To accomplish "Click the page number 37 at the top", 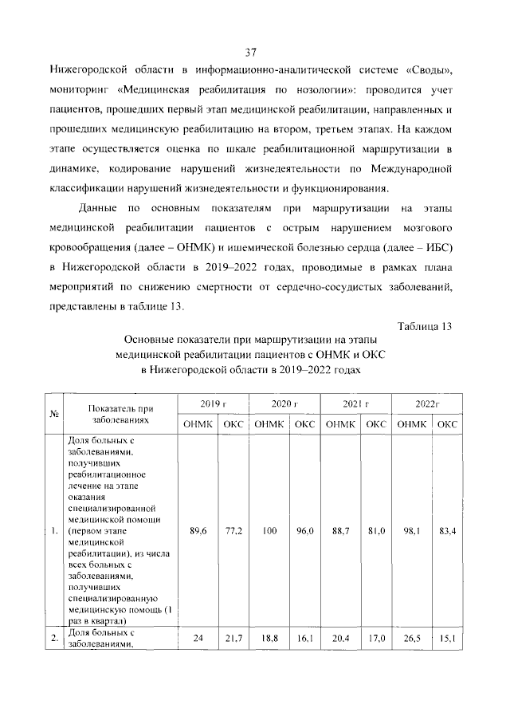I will [249, 53].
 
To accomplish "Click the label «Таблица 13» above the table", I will [424, 326].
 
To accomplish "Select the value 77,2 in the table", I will [232, 530].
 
